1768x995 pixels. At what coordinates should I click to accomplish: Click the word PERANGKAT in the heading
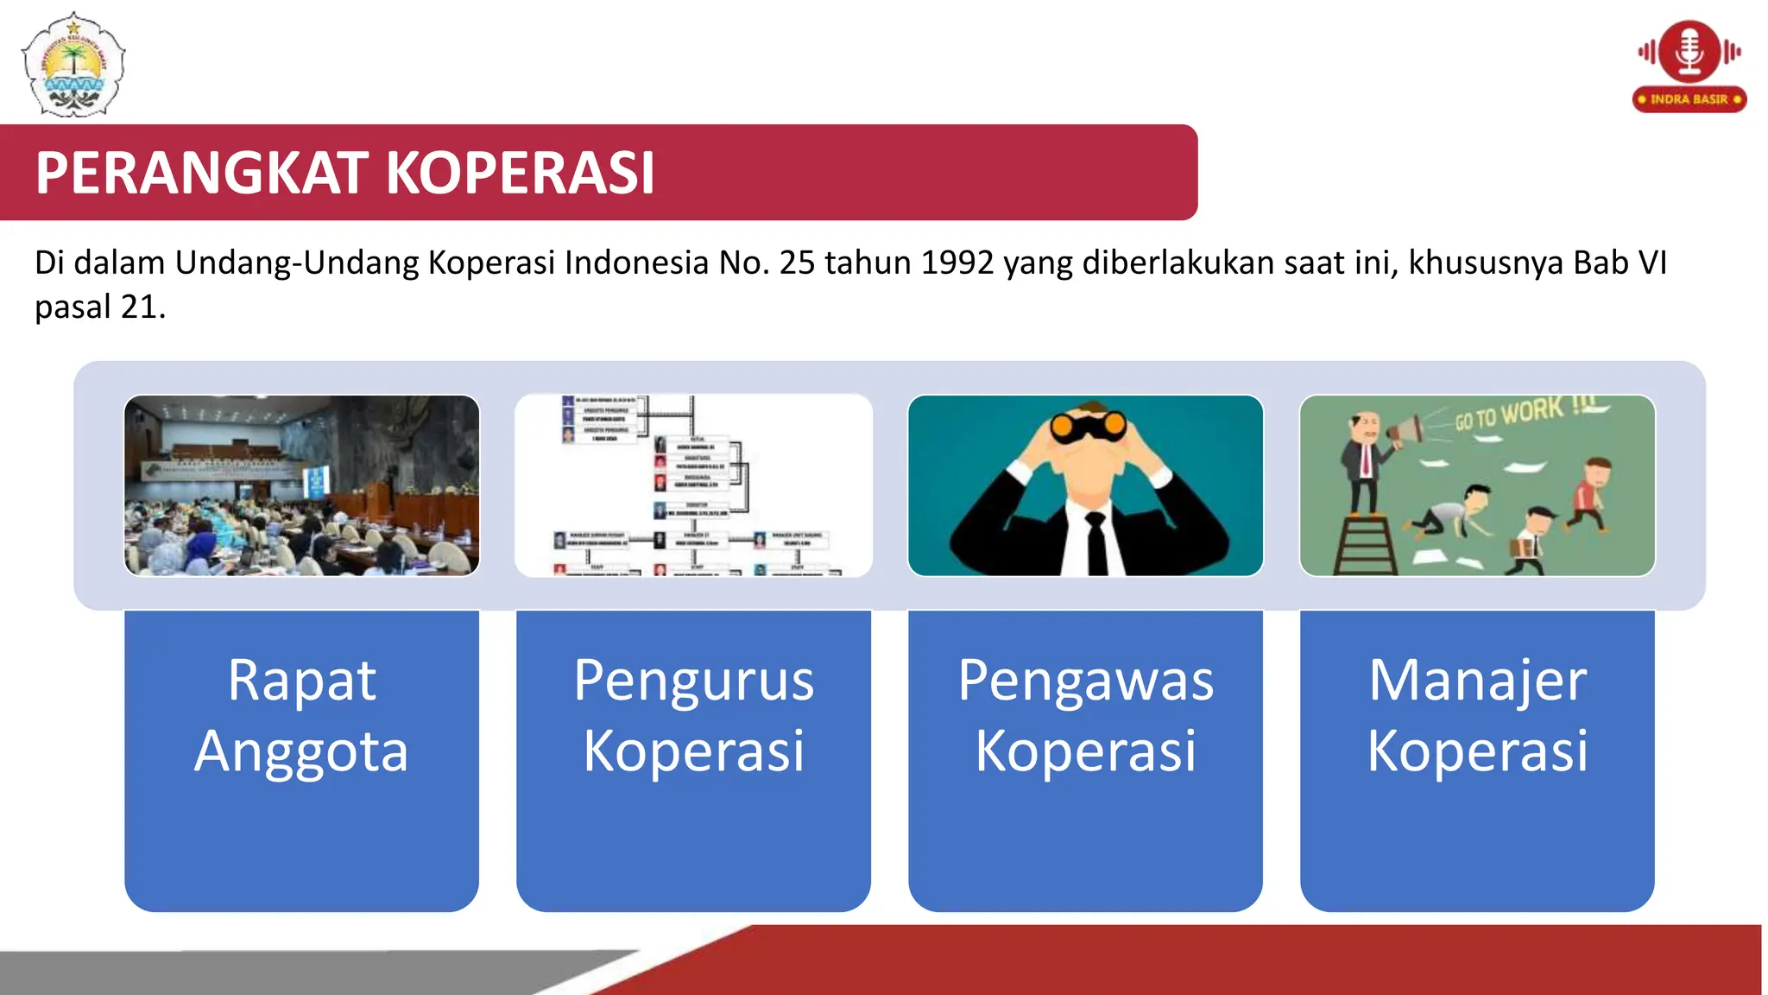[x=201, y=173]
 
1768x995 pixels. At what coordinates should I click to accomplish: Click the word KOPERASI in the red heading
[x=520, y=173]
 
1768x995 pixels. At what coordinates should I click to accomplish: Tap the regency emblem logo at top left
[x=73, y=65]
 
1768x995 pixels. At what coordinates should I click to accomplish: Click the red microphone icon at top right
[x=1689, y=50]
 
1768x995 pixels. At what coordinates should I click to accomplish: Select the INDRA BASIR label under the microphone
[x=1689, y=99]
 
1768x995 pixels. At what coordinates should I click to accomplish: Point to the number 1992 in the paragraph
[x=957, y=263]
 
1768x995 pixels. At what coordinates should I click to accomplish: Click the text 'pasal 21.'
[x=99, y=307]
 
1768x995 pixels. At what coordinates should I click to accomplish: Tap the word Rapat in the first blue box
[x=301, y=681]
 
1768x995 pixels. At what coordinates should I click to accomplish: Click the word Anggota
[x=301, y=751]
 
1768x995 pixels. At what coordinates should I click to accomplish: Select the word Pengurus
[x=693, y=681]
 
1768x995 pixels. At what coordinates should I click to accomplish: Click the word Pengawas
[x=1085, y=681]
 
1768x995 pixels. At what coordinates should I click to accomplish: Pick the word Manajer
[x=1477, y=681]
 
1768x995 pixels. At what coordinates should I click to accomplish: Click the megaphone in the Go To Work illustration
[x=1405, y=429]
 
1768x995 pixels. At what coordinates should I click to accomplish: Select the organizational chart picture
[x=693, y=485]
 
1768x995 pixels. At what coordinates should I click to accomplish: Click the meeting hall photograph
[x=301, y=485]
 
